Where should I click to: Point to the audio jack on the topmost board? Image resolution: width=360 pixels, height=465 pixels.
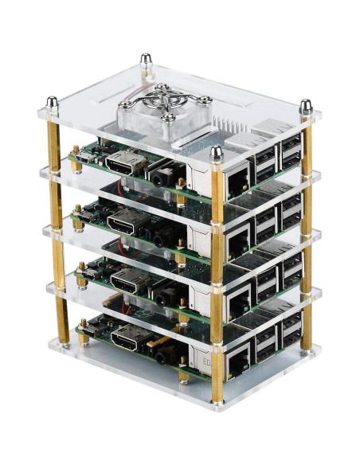coord(165,172)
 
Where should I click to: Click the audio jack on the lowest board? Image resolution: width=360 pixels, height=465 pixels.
coord(165,349)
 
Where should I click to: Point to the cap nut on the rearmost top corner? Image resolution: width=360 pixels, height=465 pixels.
coord(146,60)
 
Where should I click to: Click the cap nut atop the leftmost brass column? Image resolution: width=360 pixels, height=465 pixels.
coord(52,103)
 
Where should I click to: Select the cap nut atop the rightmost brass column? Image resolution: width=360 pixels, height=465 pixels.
coord(306,105)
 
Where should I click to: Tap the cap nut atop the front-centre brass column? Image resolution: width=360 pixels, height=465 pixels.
coord(216,152)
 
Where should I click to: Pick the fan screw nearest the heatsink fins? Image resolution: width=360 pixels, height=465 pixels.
coord(205,101)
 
